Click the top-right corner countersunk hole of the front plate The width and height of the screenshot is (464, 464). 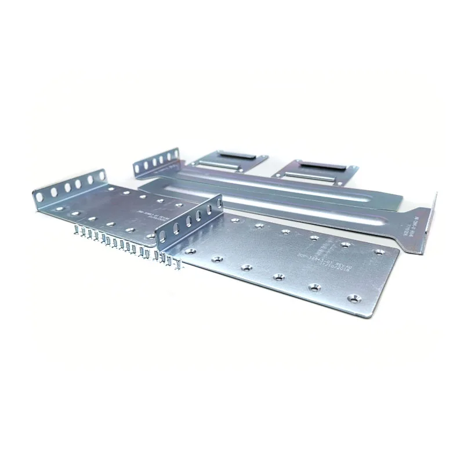(x=380, y=252)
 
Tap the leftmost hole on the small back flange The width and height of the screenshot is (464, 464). (x=137, y=169)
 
